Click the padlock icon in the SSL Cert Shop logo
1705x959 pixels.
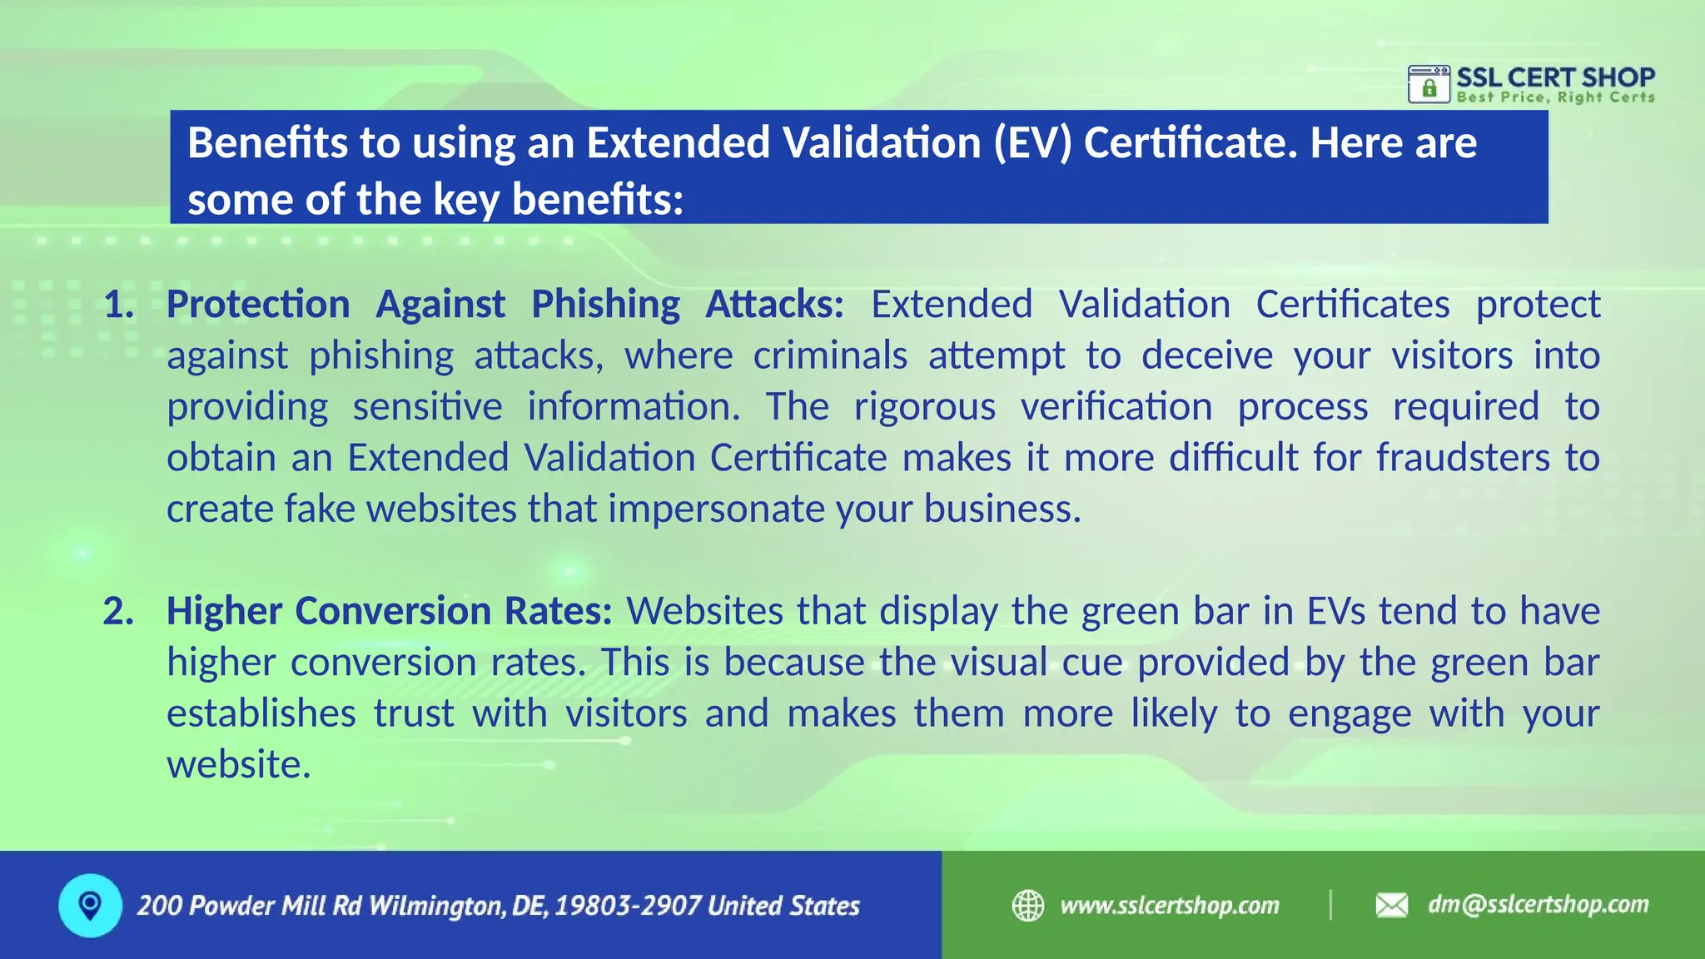(1429, 87)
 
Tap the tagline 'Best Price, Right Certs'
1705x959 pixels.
(1555, 97)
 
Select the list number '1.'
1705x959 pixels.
(119, 305)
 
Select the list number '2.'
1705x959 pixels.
(119, 612)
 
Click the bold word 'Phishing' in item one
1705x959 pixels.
(605, 305)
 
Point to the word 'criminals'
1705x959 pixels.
(830, 356)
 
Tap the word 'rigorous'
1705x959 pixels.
(924, 407)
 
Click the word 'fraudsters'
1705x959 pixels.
(1463, 458)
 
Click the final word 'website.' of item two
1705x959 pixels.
(239, 765)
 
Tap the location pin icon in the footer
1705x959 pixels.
(90, 905)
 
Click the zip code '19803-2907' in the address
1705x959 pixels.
(627, 906)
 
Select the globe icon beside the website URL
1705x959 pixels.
(1028, 905)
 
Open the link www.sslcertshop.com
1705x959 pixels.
(1170, 906)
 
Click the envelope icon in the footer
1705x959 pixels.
(1391, 905)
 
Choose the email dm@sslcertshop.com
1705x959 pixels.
(1538, 905)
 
